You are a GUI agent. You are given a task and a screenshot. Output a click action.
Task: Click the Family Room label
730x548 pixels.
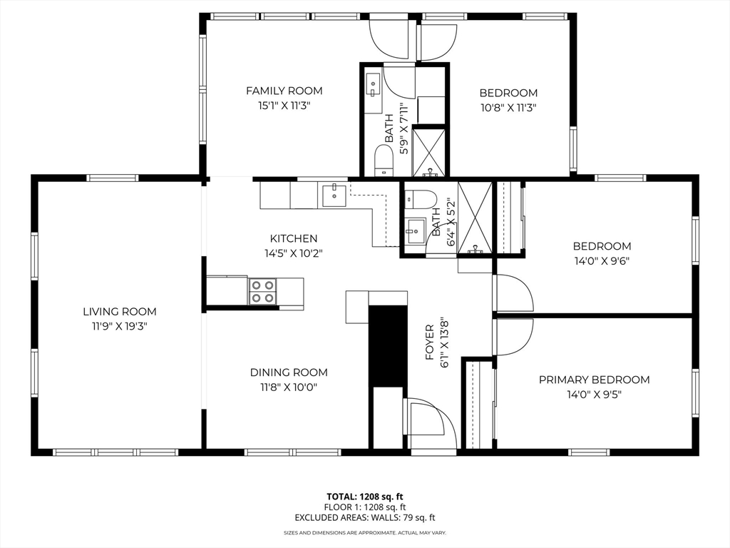(284, 91)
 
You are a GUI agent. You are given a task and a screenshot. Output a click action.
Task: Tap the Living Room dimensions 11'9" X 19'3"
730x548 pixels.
(119, 326)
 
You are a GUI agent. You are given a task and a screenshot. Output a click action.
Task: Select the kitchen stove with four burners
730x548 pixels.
(262, 291)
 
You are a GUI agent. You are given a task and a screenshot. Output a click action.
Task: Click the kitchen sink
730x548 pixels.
(334, 196)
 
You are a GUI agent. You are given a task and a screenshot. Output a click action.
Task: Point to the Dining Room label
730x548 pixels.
(289, 372)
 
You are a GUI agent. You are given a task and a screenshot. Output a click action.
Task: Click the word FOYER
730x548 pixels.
(430, 342)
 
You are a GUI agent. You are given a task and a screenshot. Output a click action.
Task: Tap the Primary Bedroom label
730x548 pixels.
(594, 380)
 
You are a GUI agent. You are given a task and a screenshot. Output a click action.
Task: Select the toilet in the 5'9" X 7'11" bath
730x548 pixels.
(384, 160)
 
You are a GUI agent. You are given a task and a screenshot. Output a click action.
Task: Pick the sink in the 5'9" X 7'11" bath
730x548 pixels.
(373, 88)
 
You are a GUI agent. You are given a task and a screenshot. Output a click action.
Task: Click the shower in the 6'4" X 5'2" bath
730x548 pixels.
(475, 218)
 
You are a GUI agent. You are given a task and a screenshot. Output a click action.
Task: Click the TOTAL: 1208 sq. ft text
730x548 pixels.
(364, 497)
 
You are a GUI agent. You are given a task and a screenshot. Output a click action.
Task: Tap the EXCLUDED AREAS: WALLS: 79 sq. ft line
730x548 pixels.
(364, 517)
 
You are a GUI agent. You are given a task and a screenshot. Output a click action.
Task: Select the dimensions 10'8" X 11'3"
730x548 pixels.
(508, 108)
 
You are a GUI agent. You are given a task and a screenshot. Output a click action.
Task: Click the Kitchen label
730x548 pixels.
(294, 238)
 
